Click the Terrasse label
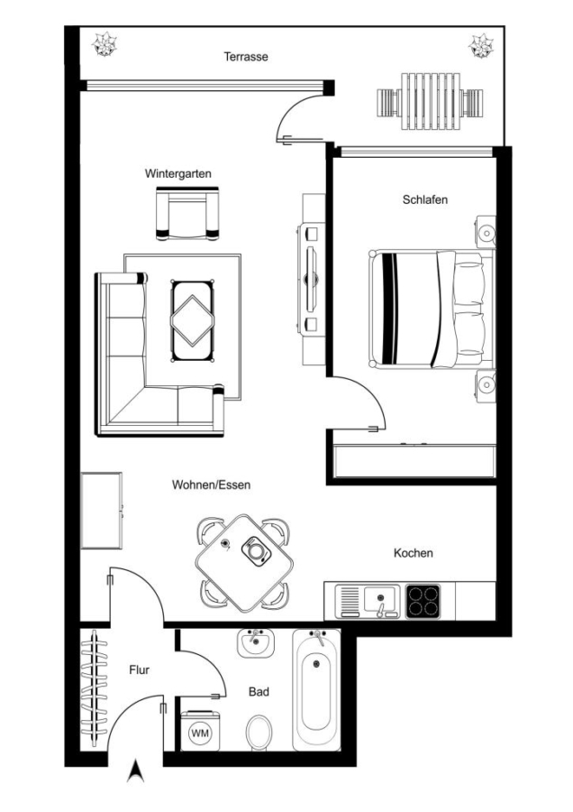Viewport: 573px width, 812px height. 246,57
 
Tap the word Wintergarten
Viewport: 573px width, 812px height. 177,173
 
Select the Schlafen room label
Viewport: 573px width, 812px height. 425,199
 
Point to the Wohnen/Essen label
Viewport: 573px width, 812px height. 211,485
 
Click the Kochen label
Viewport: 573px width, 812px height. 414,553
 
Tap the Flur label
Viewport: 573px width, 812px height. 139,670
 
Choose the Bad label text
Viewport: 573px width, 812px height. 259,692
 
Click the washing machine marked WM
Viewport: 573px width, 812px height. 200,731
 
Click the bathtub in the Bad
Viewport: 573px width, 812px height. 316,690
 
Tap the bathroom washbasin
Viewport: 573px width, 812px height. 255,643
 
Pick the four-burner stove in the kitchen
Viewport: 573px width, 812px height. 423,601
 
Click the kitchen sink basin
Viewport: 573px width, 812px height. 381,599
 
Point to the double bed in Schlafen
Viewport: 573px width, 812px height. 432,309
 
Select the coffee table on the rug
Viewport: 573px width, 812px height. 193,320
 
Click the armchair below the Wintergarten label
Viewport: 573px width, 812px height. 187,214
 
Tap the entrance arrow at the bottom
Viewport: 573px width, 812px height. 135,770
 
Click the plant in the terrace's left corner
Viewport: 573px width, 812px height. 105,44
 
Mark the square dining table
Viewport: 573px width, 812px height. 243,562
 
